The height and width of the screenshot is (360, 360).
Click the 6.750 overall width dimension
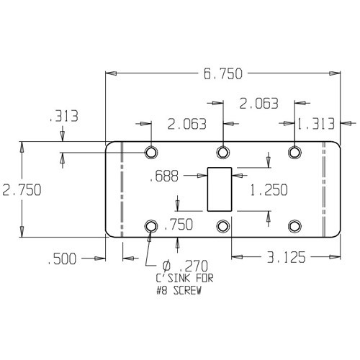point(222,73)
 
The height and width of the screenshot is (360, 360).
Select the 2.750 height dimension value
point(22,189)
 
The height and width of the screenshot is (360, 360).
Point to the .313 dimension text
point(63,117)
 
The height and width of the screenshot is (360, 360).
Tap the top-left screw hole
point(151,152)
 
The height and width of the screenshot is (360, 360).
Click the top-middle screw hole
point(223,152)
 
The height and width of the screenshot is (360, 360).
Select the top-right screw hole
point(294,152)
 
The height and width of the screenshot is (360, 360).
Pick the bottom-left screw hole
point(151,226)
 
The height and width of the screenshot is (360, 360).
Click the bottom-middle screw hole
point(223,226)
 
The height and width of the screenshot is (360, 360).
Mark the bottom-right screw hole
point(294,226)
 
